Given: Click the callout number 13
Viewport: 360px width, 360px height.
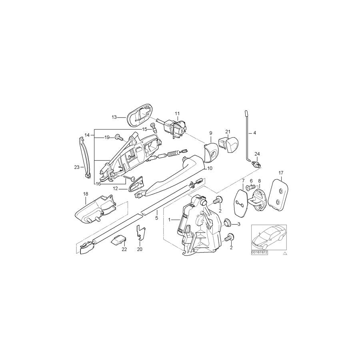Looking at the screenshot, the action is (x=114, y=117).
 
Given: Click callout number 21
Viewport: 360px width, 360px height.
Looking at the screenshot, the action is (x=227, y=132).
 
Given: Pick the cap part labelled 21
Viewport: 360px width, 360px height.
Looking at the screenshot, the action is (x=227, y=142).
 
